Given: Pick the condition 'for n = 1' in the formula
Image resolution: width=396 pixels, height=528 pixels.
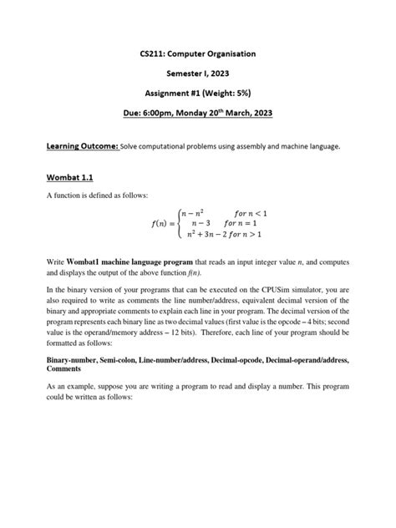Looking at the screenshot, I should click(242, 225).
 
